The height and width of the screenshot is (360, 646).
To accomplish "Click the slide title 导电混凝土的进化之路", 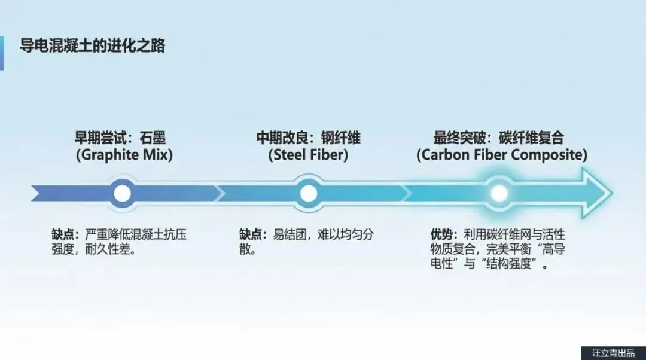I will [93, 45].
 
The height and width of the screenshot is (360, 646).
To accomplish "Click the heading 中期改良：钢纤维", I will [308, 138].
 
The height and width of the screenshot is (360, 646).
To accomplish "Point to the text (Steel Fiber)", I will [308, 155].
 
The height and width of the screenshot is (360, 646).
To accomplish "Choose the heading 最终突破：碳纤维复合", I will [498, 138].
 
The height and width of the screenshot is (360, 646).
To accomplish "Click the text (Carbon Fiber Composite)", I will [501, 155].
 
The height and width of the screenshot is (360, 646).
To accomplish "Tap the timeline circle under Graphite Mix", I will [123, 193].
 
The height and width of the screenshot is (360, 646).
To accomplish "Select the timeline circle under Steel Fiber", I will [308, 193].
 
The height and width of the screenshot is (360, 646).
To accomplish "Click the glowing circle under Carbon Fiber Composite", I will [499, 193].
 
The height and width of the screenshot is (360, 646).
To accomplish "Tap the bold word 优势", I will [441, 234].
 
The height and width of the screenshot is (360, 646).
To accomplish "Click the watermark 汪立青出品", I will [613, 353].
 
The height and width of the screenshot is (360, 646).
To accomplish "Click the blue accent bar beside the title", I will [2, 53].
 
